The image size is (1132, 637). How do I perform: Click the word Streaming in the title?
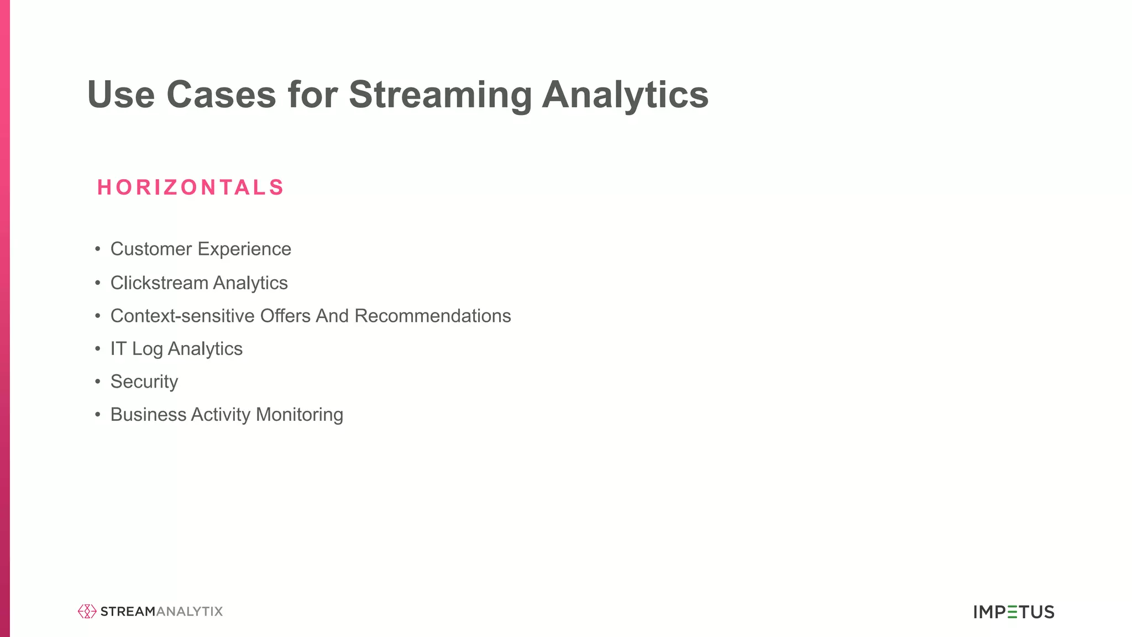pos(439,95)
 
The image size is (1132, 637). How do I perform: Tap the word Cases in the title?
pos(221,95)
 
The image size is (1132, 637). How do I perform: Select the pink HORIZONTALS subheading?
pos(191,187)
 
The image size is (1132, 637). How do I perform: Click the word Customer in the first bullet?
pos(151,249)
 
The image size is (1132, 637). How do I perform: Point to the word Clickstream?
pos(159,283)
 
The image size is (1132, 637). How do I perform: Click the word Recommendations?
pos(433,316)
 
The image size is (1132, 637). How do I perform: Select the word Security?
pos(144,382)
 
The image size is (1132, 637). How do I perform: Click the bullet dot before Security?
pos(98,382)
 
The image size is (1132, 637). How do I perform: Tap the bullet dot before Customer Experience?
pos(98,249)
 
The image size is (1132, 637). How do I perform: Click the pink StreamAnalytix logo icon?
pos(87,611)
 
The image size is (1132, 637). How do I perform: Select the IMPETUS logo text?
pos(1014,612)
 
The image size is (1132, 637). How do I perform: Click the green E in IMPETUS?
pos(1012,612)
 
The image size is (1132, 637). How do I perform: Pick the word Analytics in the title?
pos(625,95)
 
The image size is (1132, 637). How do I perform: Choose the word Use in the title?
pos(120,95)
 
